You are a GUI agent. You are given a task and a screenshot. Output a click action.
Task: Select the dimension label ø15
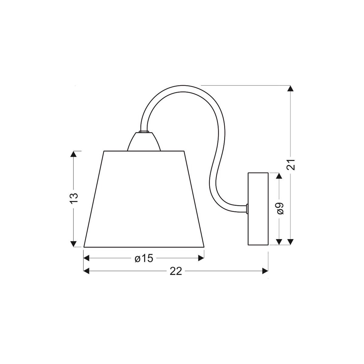pos(143,258)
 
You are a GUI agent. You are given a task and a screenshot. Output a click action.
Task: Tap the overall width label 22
pos(176,271)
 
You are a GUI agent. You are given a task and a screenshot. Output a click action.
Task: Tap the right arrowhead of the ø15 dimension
pos(201,258)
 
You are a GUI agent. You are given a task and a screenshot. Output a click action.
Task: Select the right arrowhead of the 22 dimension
pos(265,271)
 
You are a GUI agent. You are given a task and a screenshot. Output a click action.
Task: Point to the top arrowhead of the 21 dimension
pos(291,89)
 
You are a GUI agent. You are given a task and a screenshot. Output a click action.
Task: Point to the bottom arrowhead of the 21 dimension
pos(291,241)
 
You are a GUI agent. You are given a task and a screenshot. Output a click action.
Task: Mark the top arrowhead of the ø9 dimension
pos(279,176)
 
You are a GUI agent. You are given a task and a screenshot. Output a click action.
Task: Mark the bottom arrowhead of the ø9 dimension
pos(279,241)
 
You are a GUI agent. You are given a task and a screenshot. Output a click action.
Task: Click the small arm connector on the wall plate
pos(247,208)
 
